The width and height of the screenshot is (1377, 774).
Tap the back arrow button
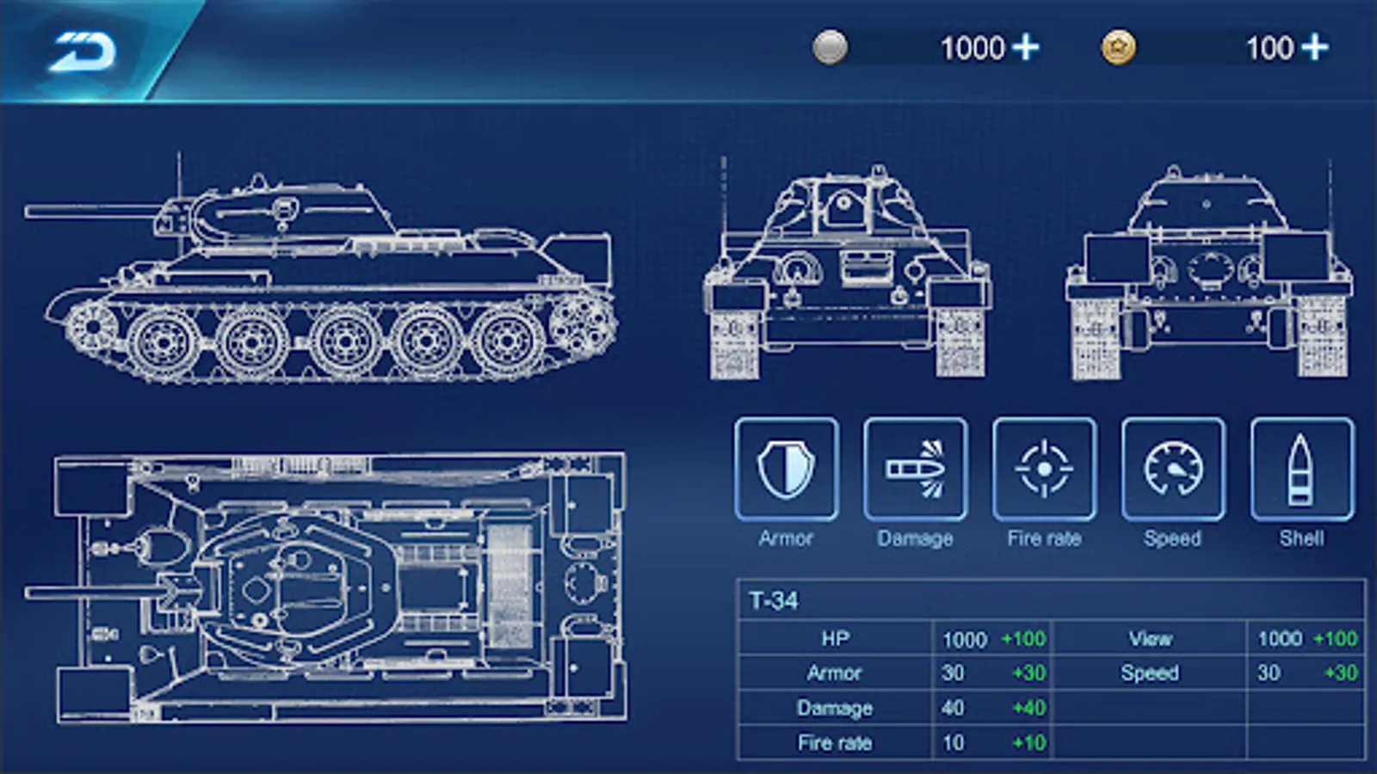coord(83,52)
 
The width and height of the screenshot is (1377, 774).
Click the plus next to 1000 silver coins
coord(1026,48)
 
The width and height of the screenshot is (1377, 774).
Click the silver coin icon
coord(831,47)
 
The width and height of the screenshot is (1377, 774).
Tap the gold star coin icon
coord(1118,47)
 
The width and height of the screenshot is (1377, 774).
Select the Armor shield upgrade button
coord(787,470)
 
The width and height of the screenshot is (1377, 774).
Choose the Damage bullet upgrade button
coord(916,470)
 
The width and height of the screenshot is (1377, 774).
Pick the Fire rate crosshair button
coord(1045,470)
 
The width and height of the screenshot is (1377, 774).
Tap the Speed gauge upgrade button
coord(1173,470)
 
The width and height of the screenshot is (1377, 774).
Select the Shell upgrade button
coord(1302,470)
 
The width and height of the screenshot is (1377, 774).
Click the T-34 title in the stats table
coord(774,600)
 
